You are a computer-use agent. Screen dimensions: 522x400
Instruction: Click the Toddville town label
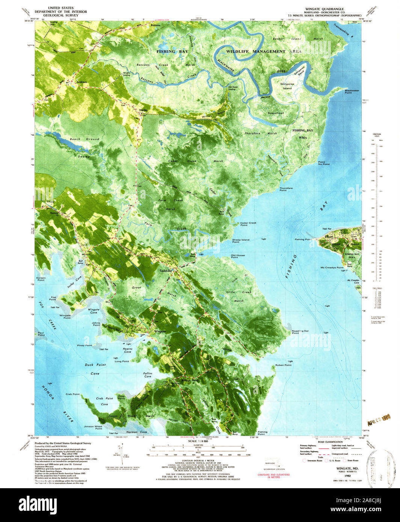pos(166,270)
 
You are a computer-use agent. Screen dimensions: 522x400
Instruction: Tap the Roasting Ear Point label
pos(300,332)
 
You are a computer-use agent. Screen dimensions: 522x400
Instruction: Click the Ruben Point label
pos(283,365)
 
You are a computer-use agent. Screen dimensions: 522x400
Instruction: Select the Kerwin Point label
pos(41,279)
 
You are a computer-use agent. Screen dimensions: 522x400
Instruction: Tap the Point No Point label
pos(324,163)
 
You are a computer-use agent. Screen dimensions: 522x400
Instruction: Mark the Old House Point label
pos(238,256)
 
